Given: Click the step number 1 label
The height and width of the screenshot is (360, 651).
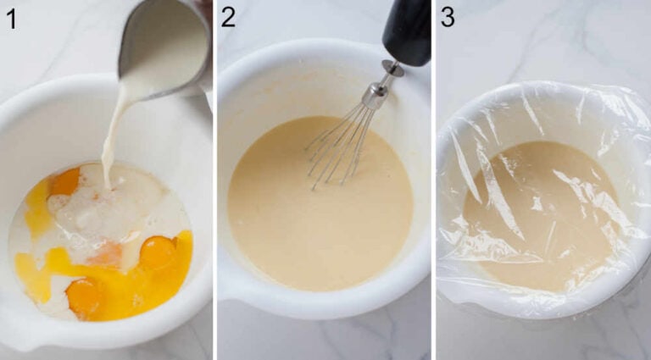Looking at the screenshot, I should click(10, 17).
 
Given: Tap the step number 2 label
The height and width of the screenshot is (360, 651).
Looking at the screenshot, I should click(227, 17).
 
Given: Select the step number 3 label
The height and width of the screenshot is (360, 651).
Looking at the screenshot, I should click(447, 17).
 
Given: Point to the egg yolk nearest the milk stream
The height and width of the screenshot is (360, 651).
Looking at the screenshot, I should click(65, 181).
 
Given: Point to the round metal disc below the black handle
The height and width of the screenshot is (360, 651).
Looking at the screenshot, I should click(392, 67).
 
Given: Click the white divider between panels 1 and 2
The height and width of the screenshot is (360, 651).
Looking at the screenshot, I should click(214, 180).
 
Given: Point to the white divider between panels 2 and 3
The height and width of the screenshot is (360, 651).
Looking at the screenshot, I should click(433, 180).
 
